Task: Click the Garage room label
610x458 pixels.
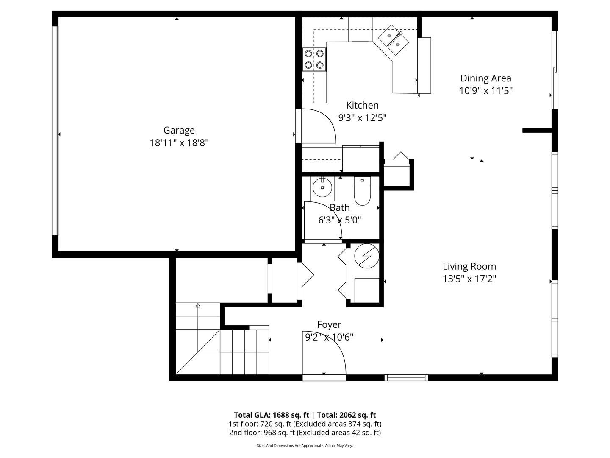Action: pos(179,130)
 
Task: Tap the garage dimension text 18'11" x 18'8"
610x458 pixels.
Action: pos(179,143)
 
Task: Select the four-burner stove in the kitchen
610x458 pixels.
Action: pos(314,59)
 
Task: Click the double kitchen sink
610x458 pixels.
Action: pos(394,39)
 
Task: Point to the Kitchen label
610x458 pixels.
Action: pos(362,105)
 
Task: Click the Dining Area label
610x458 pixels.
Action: pos(485,78)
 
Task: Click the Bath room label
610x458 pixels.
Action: pos(339,207)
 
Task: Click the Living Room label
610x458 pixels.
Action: pos(469,266)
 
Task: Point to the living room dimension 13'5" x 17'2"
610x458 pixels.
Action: pos(469,279)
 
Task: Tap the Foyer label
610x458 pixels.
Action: pos(329,324)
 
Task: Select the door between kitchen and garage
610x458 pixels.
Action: pos(317,126)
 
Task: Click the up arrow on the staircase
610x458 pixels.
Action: pos(197,305)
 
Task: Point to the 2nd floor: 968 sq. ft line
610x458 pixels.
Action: pos(305,433)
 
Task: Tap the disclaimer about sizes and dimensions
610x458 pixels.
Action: pos(305,446)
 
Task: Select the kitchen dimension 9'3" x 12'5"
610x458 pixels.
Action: pos(362,117)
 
